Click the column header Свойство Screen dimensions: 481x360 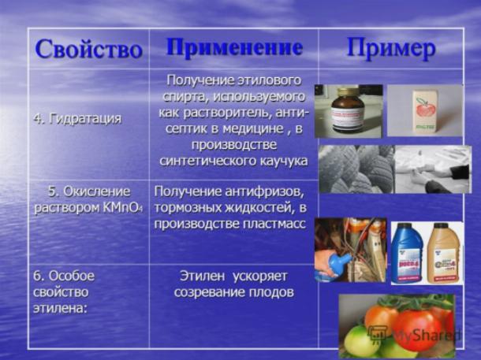pyautogui.click(x=88, y=49)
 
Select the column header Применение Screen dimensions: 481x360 pyautogui.click(x=235, y=48)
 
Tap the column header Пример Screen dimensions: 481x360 pyautogui.click(x=391, y=49)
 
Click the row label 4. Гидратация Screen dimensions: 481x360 pyautogui.click(x=77, y=119)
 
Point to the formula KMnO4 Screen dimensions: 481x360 pyautogui.click(x=123, y=208)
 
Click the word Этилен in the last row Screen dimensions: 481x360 pyautogui.click(x=203, y=276)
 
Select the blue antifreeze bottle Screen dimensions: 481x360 pyautogui.click(x=408, y=253)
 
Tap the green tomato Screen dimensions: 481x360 pyautogui.click(x=357, y=340)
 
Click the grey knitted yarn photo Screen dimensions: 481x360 pyautogui.click(x=356, y=169)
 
